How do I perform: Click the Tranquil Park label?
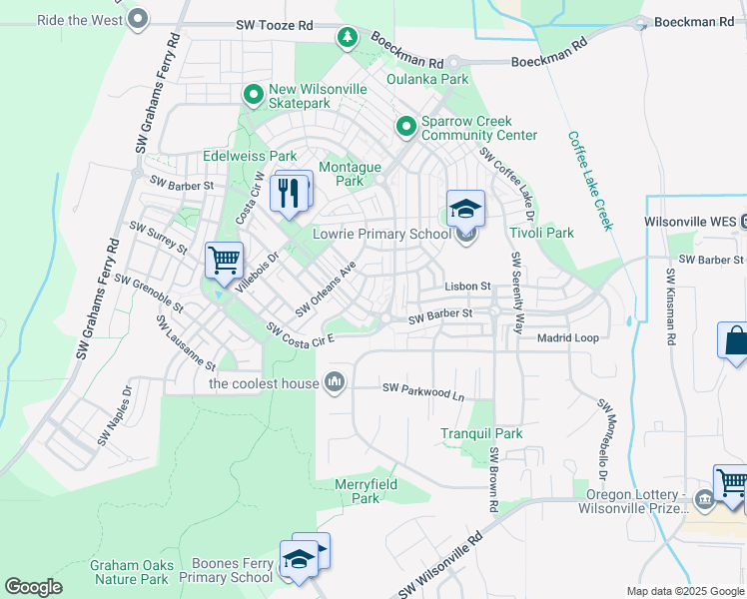click(482, 434)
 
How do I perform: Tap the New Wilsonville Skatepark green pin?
click(254, 95)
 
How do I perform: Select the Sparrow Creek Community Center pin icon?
click(406, 127)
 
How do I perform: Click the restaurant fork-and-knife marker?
click(291, 192)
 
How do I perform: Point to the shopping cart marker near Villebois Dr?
click(225, 262)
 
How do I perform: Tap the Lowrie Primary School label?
click(382, 235)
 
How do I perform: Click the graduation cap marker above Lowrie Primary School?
click(465, 210)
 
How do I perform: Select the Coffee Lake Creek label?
click(589, 181)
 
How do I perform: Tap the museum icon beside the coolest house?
click(335, 382)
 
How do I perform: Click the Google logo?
click(33, 587)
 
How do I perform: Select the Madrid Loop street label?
click(567, 338)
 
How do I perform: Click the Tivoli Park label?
click(541, 233)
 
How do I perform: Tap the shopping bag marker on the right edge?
click(735, 340)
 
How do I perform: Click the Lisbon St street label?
click(467, 287)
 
